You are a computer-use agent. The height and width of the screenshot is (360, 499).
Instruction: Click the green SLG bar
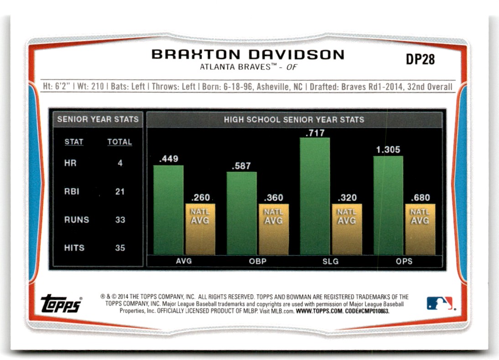(315, 196)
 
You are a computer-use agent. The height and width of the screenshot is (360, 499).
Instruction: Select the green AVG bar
(168, 210)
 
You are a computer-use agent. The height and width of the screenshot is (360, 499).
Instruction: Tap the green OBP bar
(242, 213)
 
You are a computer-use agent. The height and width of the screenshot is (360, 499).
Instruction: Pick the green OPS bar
(388, 205)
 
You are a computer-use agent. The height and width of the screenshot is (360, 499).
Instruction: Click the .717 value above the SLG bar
(315, 133)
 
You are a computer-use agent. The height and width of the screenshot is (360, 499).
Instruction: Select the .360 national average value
(273, 198)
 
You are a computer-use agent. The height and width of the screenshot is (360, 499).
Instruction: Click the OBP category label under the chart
(257, 262)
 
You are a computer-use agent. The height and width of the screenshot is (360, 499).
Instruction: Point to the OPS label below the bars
(404, 262)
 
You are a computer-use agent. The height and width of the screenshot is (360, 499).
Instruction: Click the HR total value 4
(120, 163)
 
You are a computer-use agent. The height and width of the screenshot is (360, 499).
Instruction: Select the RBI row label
(72, 191)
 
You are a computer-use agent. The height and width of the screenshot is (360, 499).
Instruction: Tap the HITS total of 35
(120, 248)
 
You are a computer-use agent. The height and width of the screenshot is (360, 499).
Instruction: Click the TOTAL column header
(120, 142)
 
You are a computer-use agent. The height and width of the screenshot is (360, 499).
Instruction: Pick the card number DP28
(420, 60)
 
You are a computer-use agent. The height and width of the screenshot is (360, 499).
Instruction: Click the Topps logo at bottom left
(61, 303)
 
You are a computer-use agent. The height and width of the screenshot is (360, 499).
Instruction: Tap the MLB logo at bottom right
(440, 303)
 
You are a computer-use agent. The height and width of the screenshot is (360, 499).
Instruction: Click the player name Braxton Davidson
(248, 55)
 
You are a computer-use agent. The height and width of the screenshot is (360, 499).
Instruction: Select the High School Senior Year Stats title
(294, 120)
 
